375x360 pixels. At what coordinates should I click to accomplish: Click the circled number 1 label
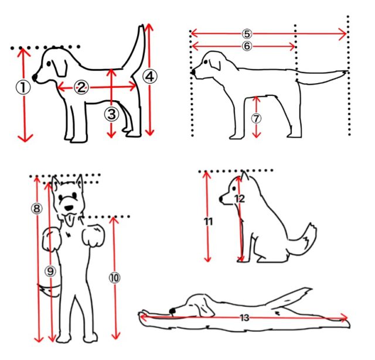[23, 87]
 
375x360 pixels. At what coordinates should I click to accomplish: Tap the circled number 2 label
[81, 87]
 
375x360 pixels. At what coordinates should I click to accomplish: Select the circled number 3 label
[111, 114]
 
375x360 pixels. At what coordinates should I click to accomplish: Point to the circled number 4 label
[150, 77]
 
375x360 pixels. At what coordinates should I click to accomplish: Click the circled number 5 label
[247, 34]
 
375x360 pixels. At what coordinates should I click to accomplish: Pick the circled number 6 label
[247, 46]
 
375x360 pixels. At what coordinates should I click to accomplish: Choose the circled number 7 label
[256, 118]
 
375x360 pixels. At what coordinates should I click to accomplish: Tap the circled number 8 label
[36, 208]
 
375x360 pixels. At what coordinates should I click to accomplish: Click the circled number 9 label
[50, 272]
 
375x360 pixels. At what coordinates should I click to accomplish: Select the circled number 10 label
[115, 278]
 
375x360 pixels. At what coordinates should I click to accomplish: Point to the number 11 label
[209, 222]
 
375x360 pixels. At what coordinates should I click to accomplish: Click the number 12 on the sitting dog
[240, 199]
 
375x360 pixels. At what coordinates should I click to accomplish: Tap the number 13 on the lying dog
[244, 318]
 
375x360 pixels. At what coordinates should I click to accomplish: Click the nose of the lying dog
[172, 311]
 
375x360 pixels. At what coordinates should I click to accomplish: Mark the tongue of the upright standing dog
[70, 220]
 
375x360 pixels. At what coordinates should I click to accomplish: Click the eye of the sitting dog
[234, 188]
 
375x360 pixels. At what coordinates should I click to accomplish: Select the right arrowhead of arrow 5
[343, 34]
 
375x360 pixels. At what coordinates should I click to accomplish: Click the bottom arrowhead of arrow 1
[25, 138]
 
